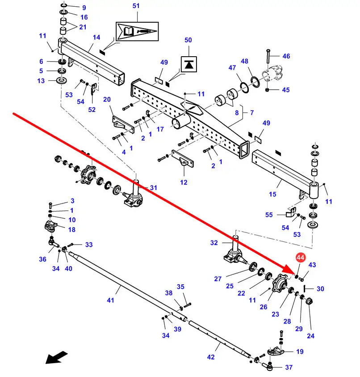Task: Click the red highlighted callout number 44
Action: tap(300, 258)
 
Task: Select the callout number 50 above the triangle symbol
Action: tap(188, 40)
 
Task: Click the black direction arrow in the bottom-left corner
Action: tap(56, 357)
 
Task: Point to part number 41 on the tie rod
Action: tap(110, 300)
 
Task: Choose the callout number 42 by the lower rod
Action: tap(211, 357)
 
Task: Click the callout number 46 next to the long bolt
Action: tap(286, 56)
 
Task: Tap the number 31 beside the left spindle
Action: tap(154, 188)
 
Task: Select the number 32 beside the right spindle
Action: tap(214, 243)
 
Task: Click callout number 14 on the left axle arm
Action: tap(96, 37)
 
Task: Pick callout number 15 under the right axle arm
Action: tap(273, 194)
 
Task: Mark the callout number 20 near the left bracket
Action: tap(107, 99)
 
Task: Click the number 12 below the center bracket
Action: tap(184, 182)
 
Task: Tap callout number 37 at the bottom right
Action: tap(289, 367)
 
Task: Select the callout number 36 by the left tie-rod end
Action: tap(42, 259)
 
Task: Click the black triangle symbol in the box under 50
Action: tap(188, 64)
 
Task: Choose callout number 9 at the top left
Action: tap(84, 8)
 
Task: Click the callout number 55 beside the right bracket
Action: tap(269, 215)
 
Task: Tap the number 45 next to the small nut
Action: tap(286, 90)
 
